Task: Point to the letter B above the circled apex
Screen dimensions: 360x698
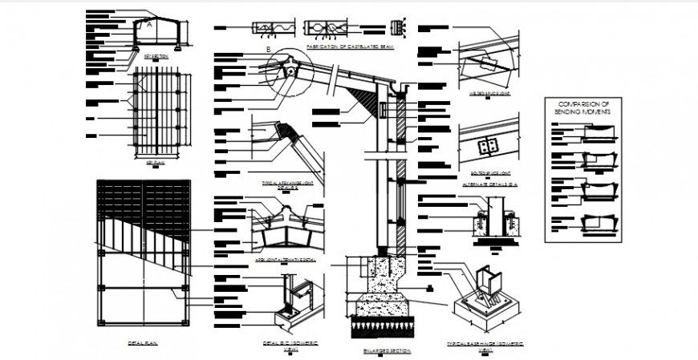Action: [269, 50]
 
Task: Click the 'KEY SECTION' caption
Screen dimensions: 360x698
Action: [156, 57]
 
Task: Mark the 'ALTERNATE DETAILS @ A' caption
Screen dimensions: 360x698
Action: [490, 184]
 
